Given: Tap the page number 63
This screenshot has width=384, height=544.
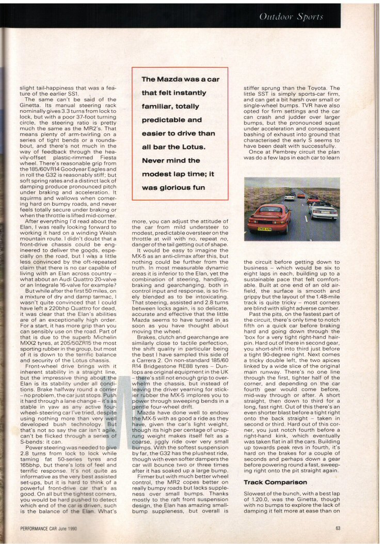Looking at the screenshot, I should pyautogui.click(x=338, y=528).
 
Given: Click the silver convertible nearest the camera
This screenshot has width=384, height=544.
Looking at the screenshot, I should pyautogui.click(x=323, y=209).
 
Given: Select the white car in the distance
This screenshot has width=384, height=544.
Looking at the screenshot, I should pyautogui.click(x=290, y=197).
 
